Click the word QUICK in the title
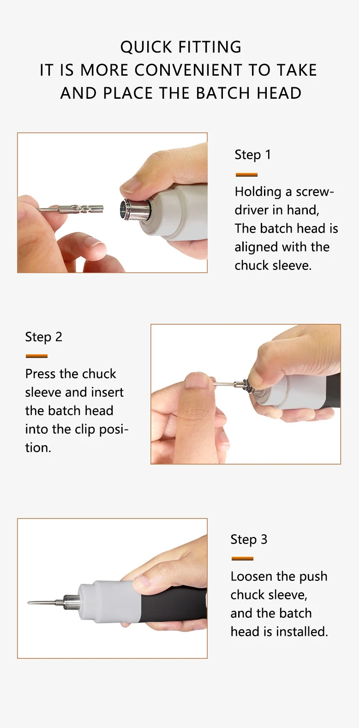point(146,47)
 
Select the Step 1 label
point(252,155)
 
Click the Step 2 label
point(43,337)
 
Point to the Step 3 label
point(249,539)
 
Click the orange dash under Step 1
point(246,175)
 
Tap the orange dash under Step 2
point(36,356)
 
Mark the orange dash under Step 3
point(242,559)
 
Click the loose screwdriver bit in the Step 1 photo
point(71,209)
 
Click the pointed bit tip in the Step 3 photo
point(29,603)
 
